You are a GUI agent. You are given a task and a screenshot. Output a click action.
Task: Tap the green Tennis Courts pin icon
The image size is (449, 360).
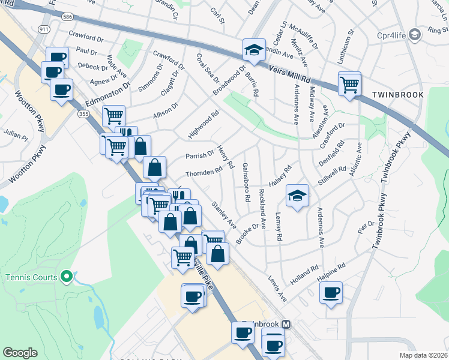click(67, 277)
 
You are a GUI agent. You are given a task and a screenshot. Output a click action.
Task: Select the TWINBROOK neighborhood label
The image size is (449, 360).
click(397, 95)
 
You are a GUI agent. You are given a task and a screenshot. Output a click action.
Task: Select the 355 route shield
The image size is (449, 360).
click(82, 113)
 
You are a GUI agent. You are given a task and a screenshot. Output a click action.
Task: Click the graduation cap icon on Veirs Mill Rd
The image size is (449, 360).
click(253, 50)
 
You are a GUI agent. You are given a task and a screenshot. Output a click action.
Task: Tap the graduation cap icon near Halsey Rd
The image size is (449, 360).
click(297, 195)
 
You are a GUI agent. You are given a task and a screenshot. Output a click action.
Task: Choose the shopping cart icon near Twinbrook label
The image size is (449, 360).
click(349, 83)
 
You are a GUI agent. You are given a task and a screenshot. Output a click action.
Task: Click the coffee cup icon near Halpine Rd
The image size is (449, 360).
click(330, 293)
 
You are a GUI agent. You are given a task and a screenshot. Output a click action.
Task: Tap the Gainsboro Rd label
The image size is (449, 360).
click(246, 182)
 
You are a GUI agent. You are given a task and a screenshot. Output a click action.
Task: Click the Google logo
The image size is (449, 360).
click(20, 353)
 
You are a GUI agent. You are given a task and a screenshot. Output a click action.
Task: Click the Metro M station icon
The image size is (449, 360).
click(286, 324)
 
